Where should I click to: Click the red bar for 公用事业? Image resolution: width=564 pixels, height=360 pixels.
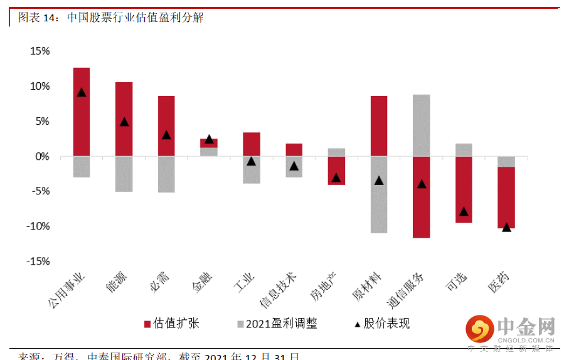click(x=82, y=112)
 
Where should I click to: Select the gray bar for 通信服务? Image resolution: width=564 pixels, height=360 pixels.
click(x=422, y=125)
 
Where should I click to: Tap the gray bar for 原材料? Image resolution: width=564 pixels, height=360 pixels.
click(x=379, y=194)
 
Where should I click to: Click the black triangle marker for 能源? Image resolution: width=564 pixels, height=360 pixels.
click(x=124, y=122)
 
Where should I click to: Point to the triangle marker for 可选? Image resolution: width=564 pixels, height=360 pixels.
click(x=464, y=211)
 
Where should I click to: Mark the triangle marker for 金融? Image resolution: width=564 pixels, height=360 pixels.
click(x=209, y=139)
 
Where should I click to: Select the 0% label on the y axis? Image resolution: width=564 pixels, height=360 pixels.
click(x=42, y=156)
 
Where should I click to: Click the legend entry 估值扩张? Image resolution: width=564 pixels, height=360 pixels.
click(x=172, y=324)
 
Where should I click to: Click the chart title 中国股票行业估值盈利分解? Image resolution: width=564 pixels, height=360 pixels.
click(x=135, y=18)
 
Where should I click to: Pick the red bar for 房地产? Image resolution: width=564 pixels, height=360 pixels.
click(x=336, y=170)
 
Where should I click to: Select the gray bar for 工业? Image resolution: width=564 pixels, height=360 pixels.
click(x=252, y=169)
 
